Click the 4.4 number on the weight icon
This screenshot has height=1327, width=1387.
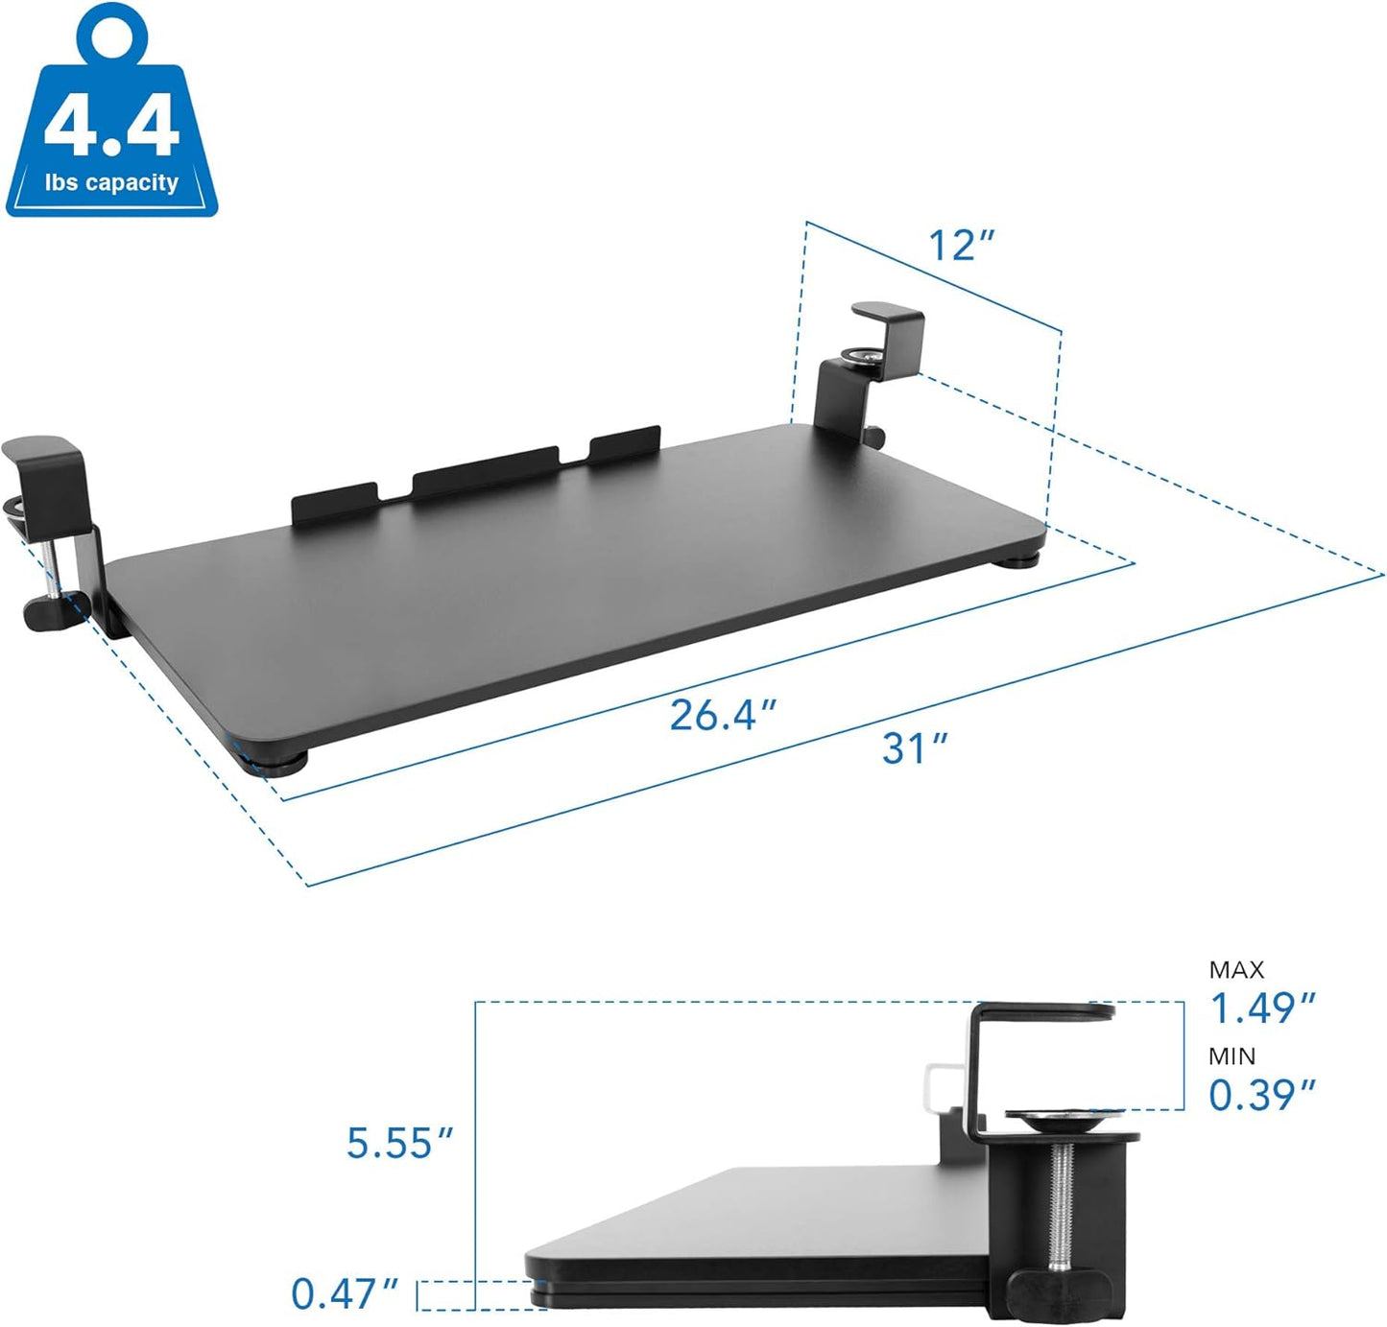[111, 125]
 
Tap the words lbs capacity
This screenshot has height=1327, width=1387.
[111, 182]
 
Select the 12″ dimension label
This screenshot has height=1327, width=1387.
[961, 246]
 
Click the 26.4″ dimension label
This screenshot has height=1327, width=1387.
[722, 715]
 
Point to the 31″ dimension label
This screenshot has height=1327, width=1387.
[915, 748]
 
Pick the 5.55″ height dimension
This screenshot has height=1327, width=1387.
[399, 1143]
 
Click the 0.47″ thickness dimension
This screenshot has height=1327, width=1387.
[345, 1293]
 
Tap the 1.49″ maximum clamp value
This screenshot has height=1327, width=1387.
[1261, 1008]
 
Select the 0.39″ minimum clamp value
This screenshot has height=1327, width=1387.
[1261, 1095]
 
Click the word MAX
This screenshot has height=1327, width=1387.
[1236, 970]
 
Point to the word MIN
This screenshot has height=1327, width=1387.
[1232, 1056]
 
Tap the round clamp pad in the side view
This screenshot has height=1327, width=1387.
[1064, 1119]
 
